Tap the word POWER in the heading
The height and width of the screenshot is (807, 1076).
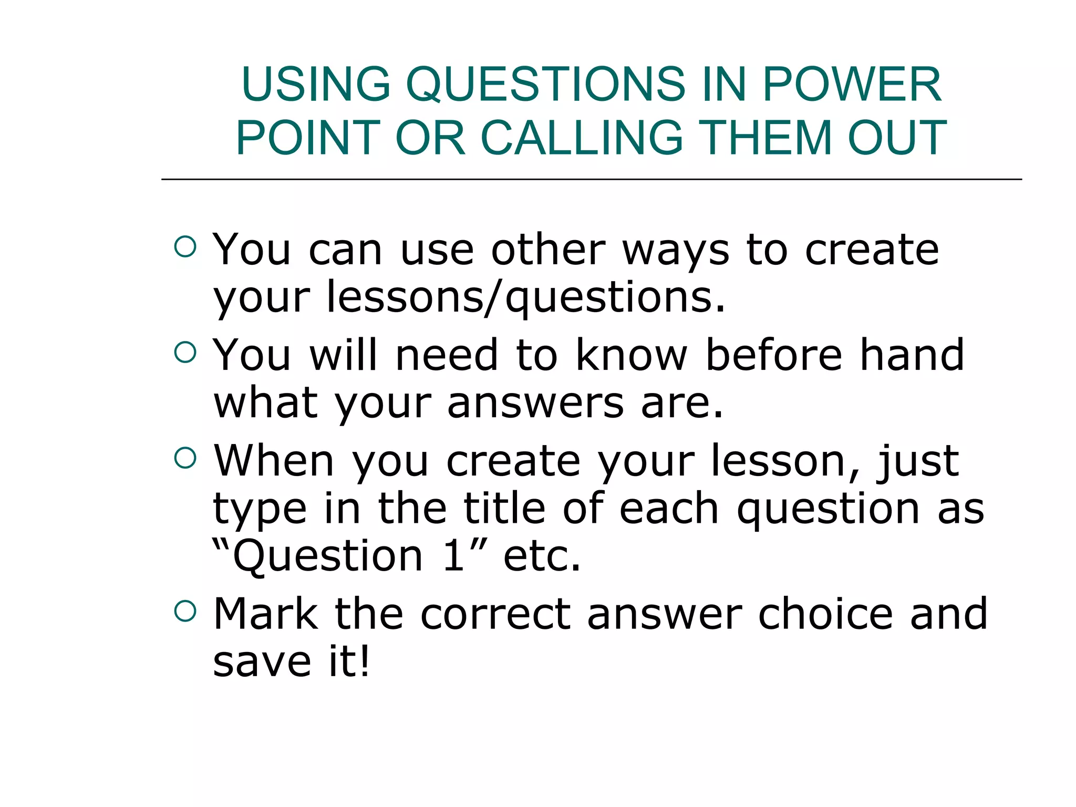coord(852,85)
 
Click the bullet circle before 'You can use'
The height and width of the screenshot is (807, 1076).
coord(185,246)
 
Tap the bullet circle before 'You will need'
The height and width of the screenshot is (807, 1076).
coord(185,352)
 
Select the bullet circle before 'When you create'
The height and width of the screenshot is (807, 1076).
coord(185,458)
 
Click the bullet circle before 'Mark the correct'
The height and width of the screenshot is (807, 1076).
coord(185,611)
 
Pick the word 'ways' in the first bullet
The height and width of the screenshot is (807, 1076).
coord(676,251)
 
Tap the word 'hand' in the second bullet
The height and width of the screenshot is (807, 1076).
coord(912,355)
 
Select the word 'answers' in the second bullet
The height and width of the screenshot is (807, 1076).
coord(536,403)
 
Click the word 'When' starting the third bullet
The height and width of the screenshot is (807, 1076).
coord(274,461)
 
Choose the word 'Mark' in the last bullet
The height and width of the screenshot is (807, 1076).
coord(265,614)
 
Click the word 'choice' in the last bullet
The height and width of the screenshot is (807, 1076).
coord(825,614)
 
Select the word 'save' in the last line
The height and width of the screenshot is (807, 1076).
coord(262,662)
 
